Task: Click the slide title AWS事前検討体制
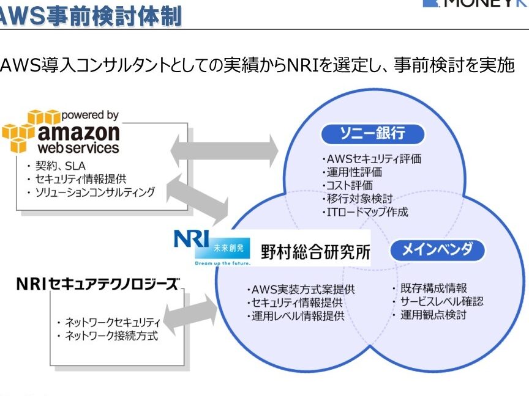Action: click(x=92, y=15)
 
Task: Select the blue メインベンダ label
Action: click(x=437, y=249)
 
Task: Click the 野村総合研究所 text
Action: click(x=315, y=252)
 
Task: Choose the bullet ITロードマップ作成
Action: click(x=366, y=213)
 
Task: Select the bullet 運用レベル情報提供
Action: click(x=296, y=317)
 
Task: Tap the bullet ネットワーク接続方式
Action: click(x=106, y=335)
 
